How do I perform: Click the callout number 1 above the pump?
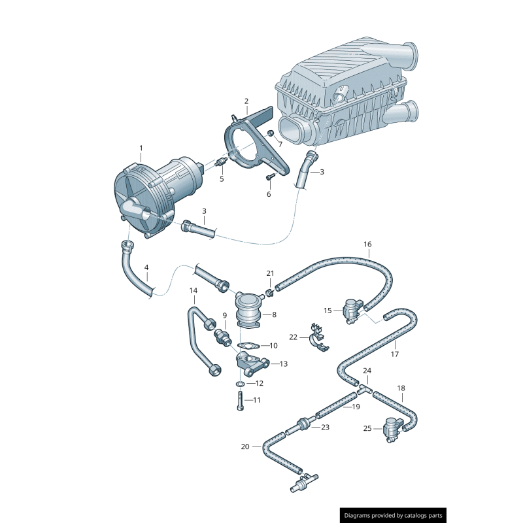(141, 149)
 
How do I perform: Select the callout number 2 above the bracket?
(246, 101)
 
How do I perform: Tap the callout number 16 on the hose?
(367, 245)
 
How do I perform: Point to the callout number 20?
(245, 447)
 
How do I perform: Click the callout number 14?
(194, 290)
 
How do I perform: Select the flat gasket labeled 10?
(247, 345)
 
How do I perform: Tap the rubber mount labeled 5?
(219, 161)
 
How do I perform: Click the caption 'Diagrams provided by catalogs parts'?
(394, 516)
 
